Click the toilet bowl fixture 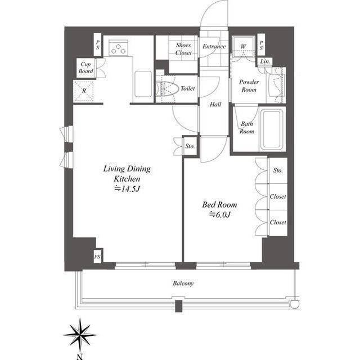[x=168, y=88]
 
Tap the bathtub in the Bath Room [x=272, y=129]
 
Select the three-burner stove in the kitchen [x=118, y=48]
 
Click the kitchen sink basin [x=143, y=84]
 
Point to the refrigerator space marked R [x=84, y=91]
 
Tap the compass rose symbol [x=80, y=335]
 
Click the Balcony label [x=183, y=283]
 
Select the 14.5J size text [x=127, y=189]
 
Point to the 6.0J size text [x=220, y=214]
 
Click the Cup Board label [x=86, y=67]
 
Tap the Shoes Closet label [x=183, y=49]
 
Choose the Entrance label [x=214, y=46]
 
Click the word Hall [x=215, y=105]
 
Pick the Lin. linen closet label [x=265, y=61]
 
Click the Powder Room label [x=249, y=85]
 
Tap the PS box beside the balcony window [x=97, y=256]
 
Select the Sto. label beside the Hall [x=190, y=146]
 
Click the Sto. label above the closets [x=278, y=170]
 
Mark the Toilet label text [x=187, y=88]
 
